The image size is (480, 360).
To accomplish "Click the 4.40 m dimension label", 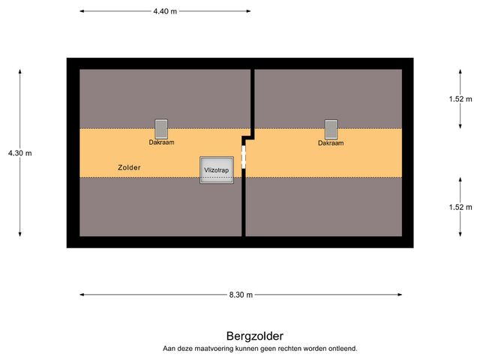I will tap(165, 11).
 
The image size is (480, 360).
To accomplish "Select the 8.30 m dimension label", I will tap(241, 295).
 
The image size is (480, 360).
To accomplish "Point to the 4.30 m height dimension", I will tap(20, 153).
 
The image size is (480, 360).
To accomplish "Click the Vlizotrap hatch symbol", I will tap(216, 170).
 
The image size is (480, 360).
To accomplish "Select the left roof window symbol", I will tap(161, 128).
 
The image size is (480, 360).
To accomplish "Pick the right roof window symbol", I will tap(331, 128).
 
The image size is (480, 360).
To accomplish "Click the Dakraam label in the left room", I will tap(161, 142).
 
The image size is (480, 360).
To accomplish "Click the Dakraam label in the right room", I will tap(331, 142).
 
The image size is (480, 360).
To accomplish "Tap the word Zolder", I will tap(130, 167).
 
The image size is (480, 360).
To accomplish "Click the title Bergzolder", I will tap(255, 336).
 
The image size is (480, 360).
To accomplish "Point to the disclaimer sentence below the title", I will tap(260, 349).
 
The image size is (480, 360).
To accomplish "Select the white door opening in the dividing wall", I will tap(244, 157).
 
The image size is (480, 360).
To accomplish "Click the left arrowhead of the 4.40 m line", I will tap(81, 11).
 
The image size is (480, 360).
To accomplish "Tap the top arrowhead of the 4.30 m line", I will tap(20, 71).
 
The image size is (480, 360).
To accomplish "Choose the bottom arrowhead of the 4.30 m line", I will tap(20, 235).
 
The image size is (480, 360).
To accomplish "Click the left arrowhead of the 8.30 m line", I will tap(81, 295).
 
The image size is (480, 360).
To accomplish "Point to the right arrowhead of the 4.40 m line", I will tap(249, 11).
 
